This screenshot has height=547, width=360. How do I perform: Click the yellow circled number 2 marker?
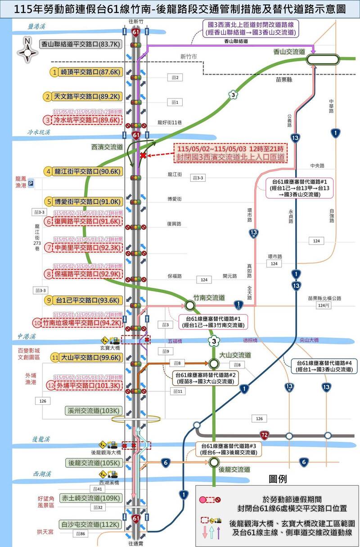[55, 96]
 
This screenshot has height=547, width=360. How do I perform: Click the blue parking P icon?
[31, 184]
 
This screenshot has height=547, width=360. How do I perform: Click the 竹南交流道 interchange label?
[209, 298]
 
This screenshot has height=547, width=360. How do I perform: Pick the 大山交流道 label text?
[235, 355]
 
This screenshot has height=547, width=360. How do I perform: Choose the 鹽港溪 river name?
[38, 27]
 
